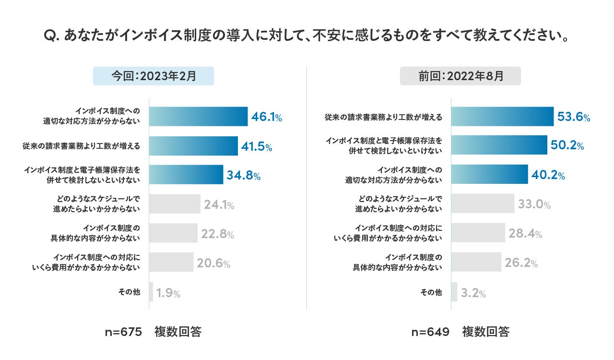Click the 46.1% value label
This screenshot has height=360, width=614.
click(x=267, y=117)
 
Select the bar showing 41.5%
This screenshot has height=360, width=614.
click(x=193, y=146)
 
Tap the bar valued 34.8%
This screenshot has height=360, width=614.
click(x=186, y=175)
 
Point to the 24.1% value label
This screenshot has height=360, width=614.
click(x=219, y=205)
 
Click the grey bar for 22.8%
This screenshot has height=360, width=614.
click(x=173, y=233)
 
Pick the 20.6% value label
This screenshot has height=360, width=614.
click(x=213, y=264)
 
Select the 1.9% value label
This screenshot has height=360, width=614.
click(x=168, y=293)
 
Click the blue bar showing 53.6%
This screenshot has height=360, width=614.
click(x=502, y=117)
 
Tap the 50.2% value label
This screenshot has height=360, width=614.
click(x=567, y=146)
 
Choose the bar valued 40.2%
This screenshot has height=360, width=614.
click(x=489, y=175)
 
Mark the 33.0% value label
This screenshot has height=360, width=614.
click(x=534, y=205)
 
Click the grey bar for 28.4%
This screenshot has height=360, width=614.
click(x=478, y=233)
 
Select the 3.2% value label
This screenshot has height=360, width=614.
click(x=473, y=293)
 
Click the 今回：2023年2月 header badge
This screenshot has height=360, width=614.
click(x=153, y=76)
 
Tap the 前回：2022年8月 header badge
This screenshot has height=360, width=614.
click(x=460, y=76)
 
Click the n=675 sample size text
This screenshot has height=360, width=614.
click(x=123, y=332)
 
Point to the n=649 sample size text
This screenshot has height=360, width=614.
click(x=430, y=332)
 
